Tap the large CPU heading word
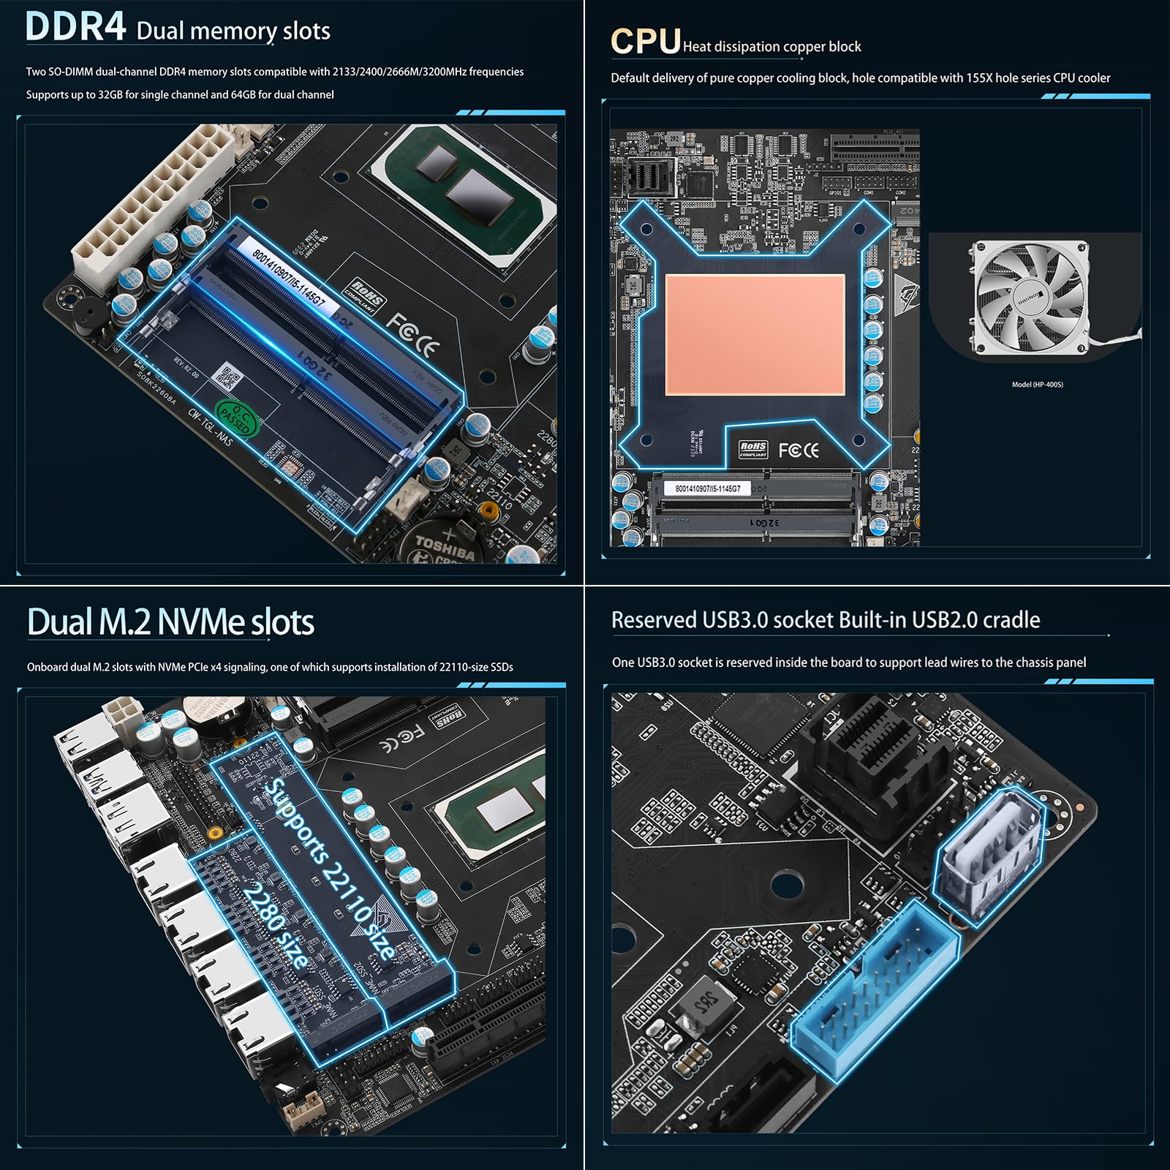(645, 42)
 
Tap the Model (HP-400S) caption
(1037, 385)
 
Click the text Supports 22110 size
(330, 869)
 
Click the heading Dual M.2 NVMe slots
(170, 622)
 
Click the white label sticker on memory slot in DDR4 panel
(288, 277)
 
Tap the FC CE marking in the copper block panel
(799, 450)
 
